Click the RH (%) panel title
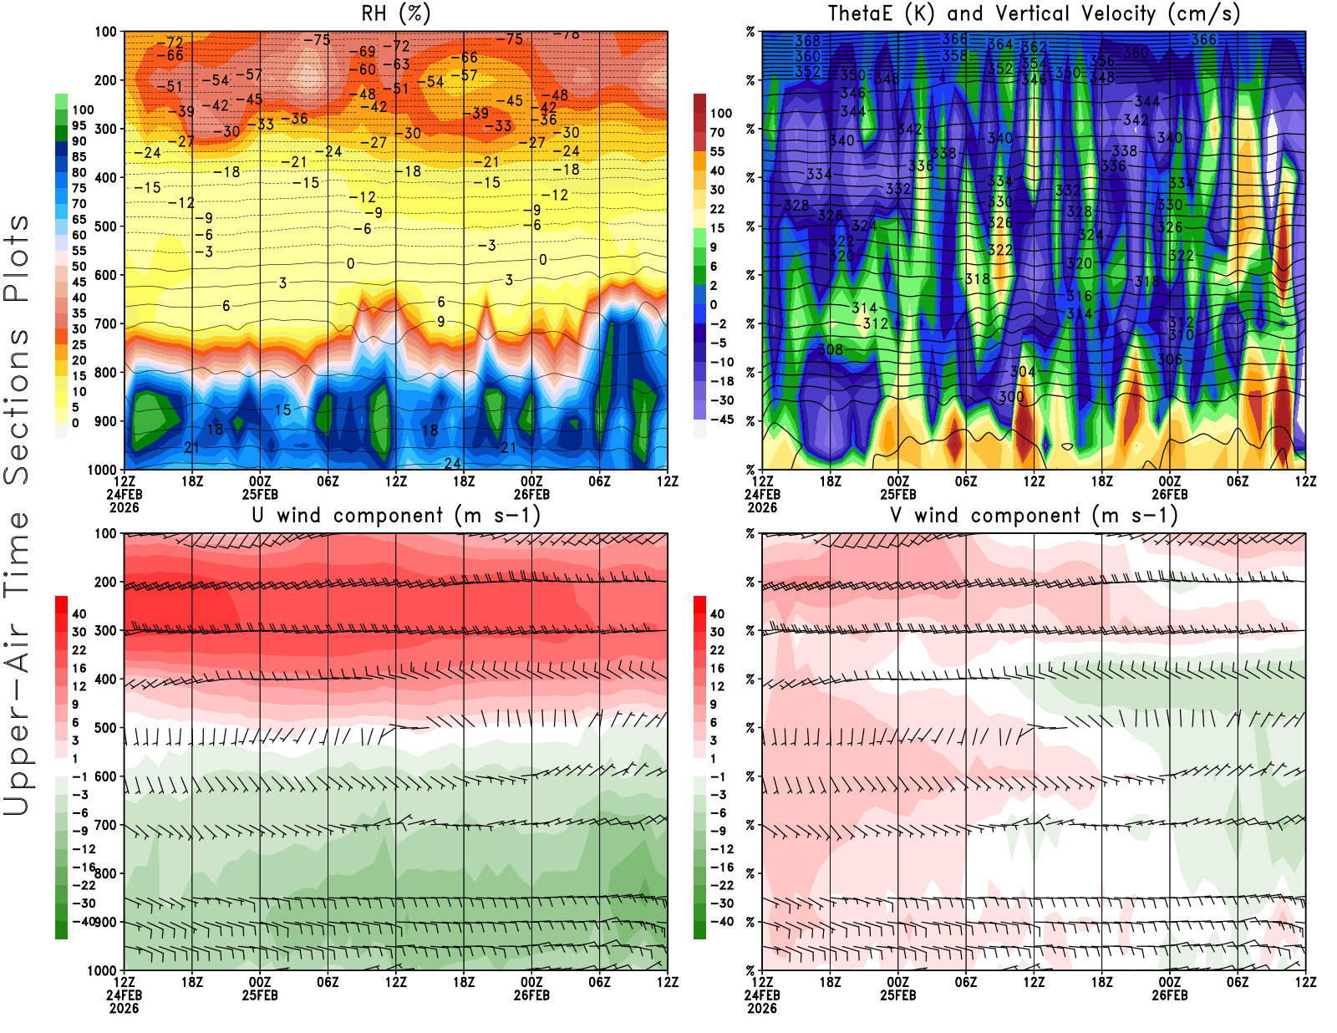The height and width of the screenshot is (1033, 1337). (395, 13)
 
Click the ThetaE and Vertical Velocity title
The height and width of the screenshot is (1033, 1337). (1034, 13)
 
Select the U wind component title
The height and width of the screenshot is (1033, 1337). (395, 515)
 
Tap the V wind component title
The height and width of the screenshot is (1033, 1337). (1034, 515)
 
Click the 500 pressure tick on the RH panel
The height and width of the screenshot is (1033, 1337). (105, 226)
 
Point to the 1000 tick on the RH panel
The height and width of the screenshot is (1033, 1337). (102, 470)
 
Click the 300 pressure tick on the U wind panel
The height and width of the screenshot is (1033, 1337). (105, 630)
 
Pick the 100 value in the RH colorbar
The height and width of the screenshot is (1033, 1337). (83, 109)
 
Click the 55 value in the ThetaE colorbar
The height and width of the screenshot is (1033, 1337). (717, 151)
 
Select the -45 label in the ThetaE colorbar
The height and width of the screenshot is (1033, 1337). (721, 420)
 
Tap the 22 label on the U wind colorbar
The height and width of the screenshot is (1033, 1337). (79, 649)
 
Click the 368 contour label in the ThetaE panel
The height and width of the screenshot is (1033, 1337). (807, 40)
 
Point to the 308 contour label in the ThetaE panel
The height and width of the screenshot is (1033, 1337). (830, 349)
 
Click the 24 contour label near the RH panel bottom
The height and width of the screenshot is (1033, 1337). (452, 463)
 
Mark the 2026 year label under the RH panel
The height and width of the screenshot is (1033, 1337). (124, 507)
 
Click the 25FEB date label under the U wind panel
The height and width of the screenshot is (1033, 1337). (260, 995)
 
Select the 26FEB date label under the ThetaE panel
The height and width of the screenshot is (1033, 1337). (1170, 494)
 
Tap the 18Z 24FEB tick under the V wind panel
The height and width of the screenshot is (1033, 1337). (830, 982)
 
